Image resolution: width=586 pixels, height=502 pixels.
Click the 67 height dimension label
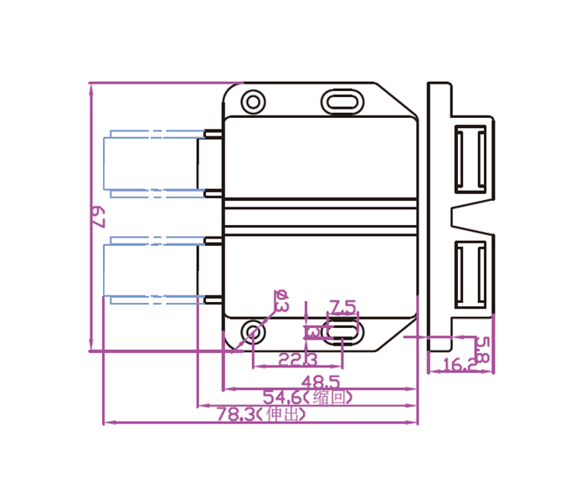[x=97, y=218]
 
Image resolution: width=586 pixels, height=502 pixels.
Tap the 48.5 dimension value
[x=319, y=381]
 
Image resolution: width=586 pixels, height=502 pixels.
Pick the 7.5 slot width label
[x=342, y=305]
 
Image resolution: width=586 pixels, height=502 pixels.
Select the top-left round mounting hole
[x=253, y=102]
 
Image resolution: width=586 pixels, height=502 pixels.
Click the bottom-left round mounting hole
[x=253, y=333]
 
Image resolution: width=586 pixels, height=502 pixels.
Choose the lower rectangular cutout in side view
[x=470, y=273]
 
